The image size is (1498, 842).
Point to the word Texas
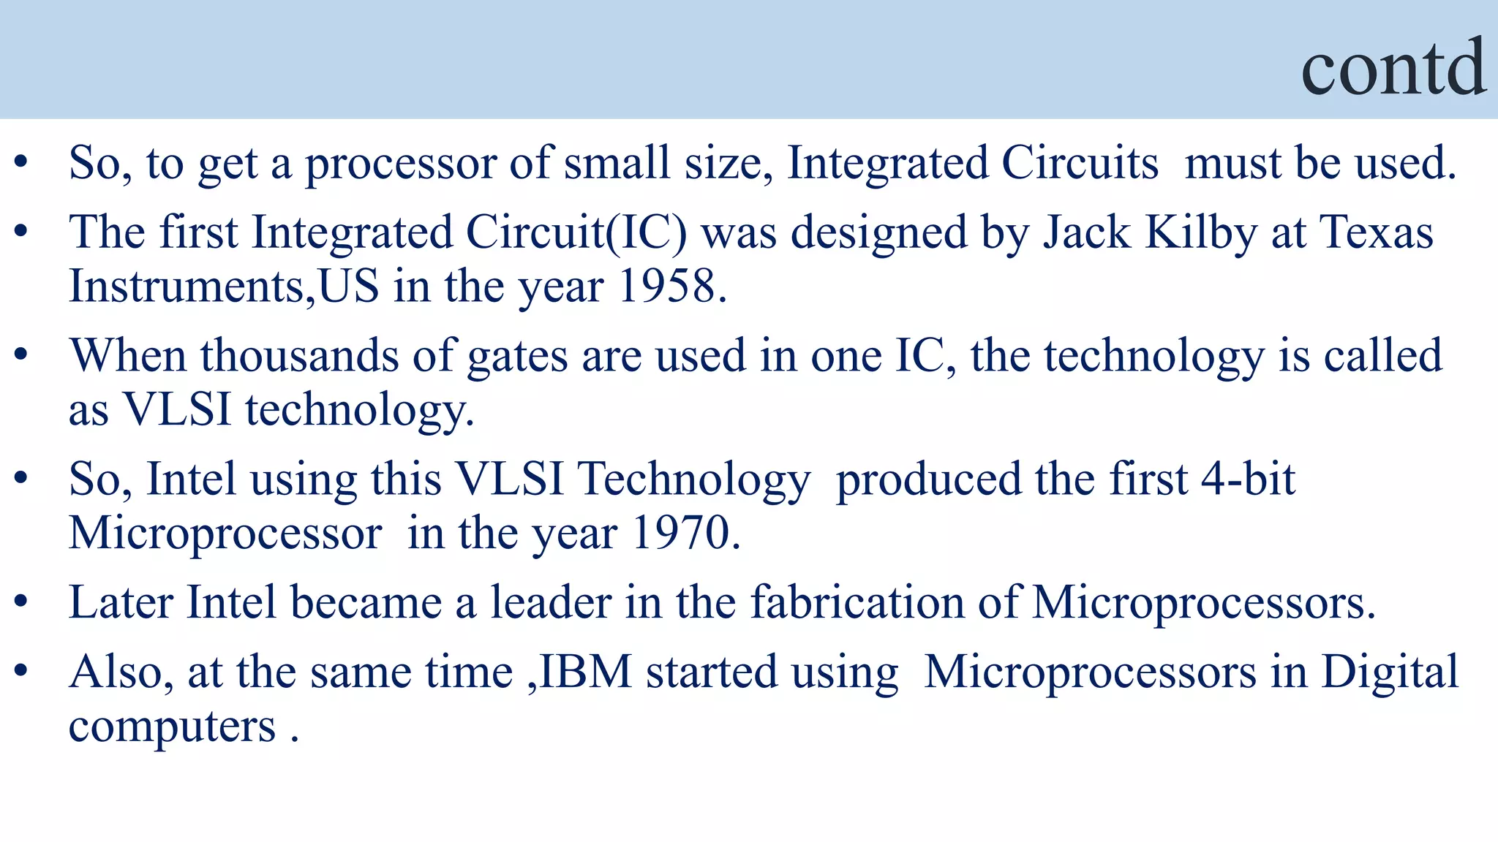point(1376,233)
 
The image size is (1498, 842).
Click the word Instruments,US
point(224,286)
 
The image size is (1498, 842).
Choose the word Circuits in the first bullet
point(1080,162)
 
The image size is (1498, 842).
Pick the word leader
point(550,603)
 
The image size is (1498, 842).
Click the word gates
point(517,356)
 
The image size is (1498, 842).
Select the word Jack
point(1086,233)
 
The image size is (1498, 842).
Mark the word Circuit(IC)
point(576,233)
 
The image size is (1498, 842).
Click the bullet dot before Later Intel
point(21,603)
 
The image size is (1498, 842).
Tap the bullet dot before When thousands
point(21,356)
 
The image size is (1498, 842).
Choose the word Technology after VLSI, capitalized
point(694,479)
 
